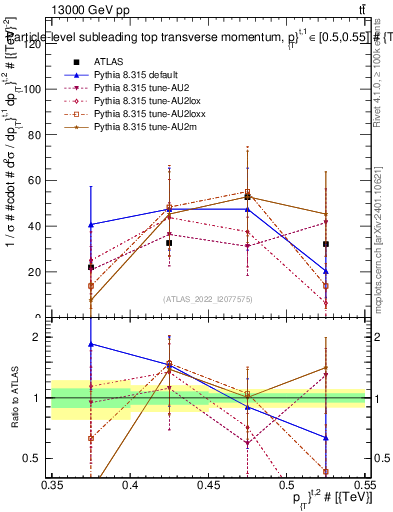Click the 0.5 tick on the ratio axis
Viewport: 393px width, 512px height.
[36, 458]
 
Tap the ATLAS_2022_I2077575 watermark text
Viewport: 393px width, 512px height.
[208, 298]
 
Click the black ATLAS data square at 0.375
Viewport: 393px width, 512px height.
[91, 267]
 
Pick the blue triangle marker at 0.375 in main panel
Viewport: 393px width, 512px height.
[91, 224]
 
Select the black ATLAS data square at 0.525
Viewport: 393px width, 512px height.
[326, 244]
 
